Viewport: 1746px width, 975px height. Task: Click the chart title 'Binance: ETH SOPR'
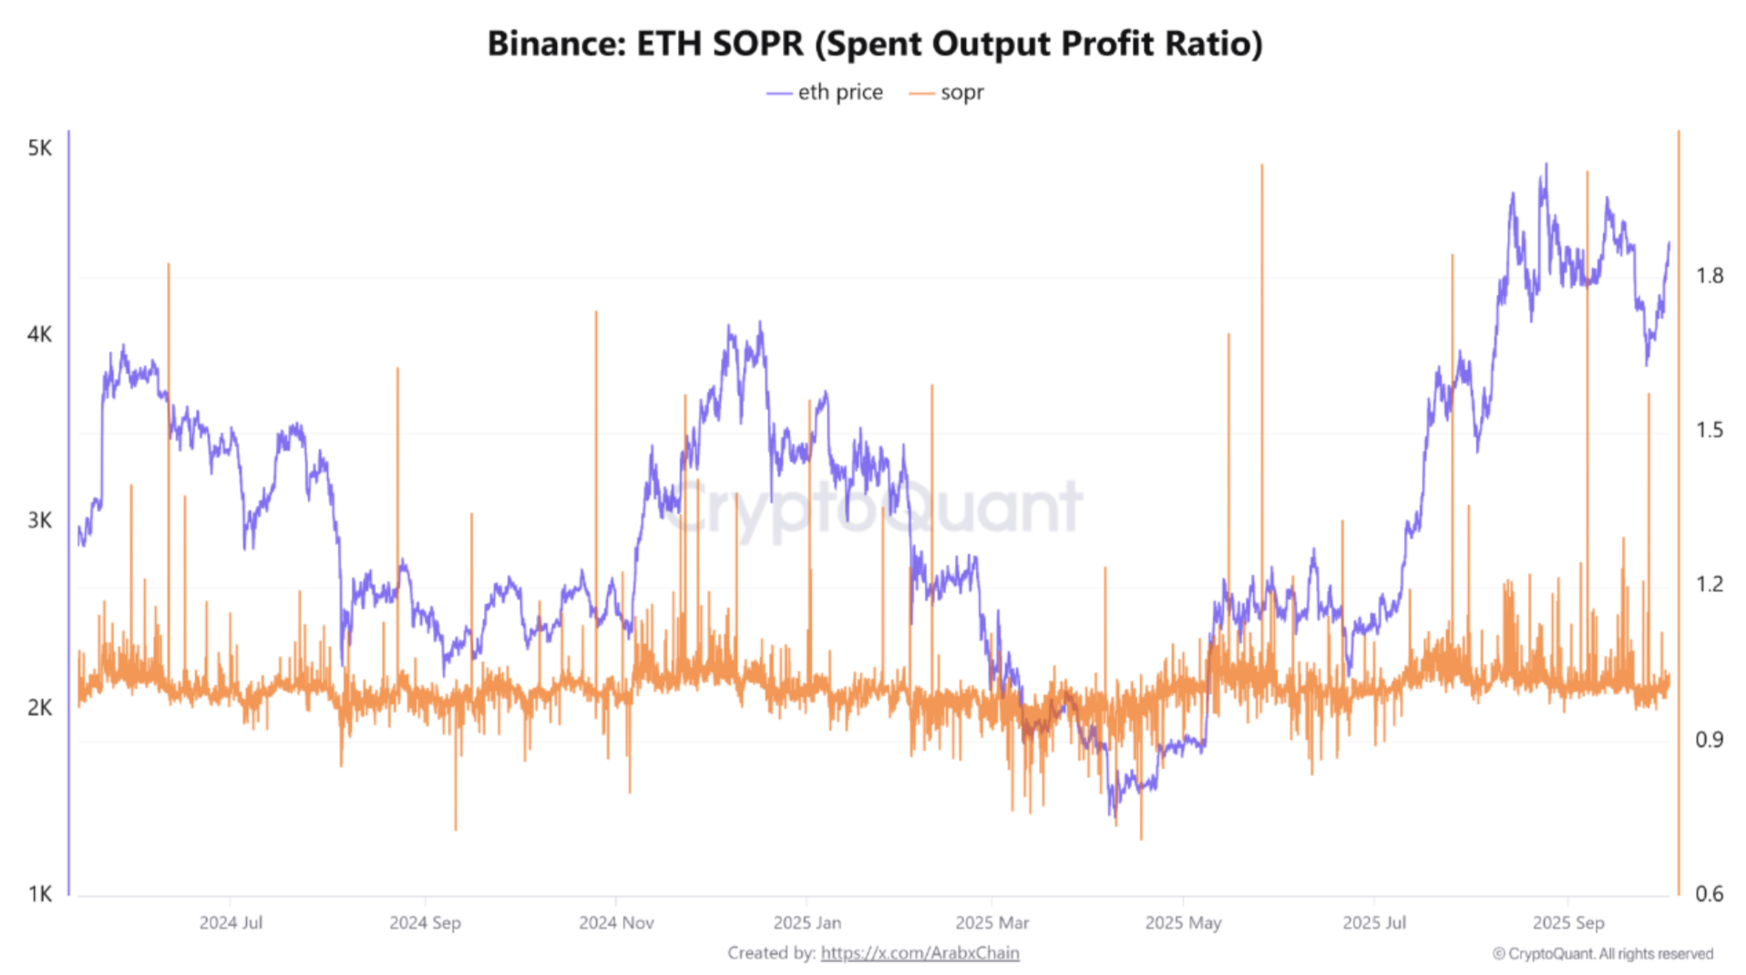tap(874, 44)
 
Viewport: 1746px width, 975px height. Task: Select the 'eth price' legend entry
tap(826, 92)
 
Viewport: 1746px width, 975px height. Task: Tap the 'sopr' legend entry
tap(948, 92)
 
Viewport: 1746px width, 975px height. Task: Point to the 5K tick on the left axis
tap(40, 148)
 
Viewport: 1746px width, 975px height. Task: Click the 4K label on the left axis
tap(40, 334)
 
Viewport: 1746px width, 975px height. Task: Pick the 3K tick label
tap(40, 520)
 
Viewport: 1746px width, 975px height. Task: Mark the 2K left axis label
tap(40, 707)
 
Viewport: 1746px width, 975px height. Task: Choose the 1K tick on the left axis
tap(40, 894)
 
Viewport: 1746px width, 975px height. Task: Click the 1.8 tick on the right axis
tap(1709, 275)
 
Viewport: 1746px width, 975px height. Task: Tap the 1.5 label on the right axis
tap(1709, 429)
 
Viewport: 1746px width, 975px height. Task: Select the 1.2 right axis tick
tap(1709, 583)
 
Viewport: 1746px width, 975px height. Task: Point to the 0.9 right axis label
tap(1709, 739)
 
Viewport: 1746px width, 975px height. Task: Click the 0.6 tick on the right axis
tap(1709, 894)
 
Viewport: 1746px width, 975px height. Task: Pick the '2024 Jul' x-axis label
tap(231, 922)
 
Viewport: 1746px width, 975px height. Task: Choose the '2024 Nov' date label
tap(616, 922)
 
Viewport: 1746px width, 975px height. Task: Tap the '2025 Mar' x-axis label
tap(991, 922)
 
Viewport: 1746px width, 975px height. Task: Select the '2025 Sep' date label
tap(1567, 922)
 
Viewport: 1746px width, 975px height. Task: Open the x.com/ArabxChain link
tap(919, 952)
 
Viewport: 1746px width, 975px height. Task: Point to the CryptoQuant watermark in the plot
tap(873, 507)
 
